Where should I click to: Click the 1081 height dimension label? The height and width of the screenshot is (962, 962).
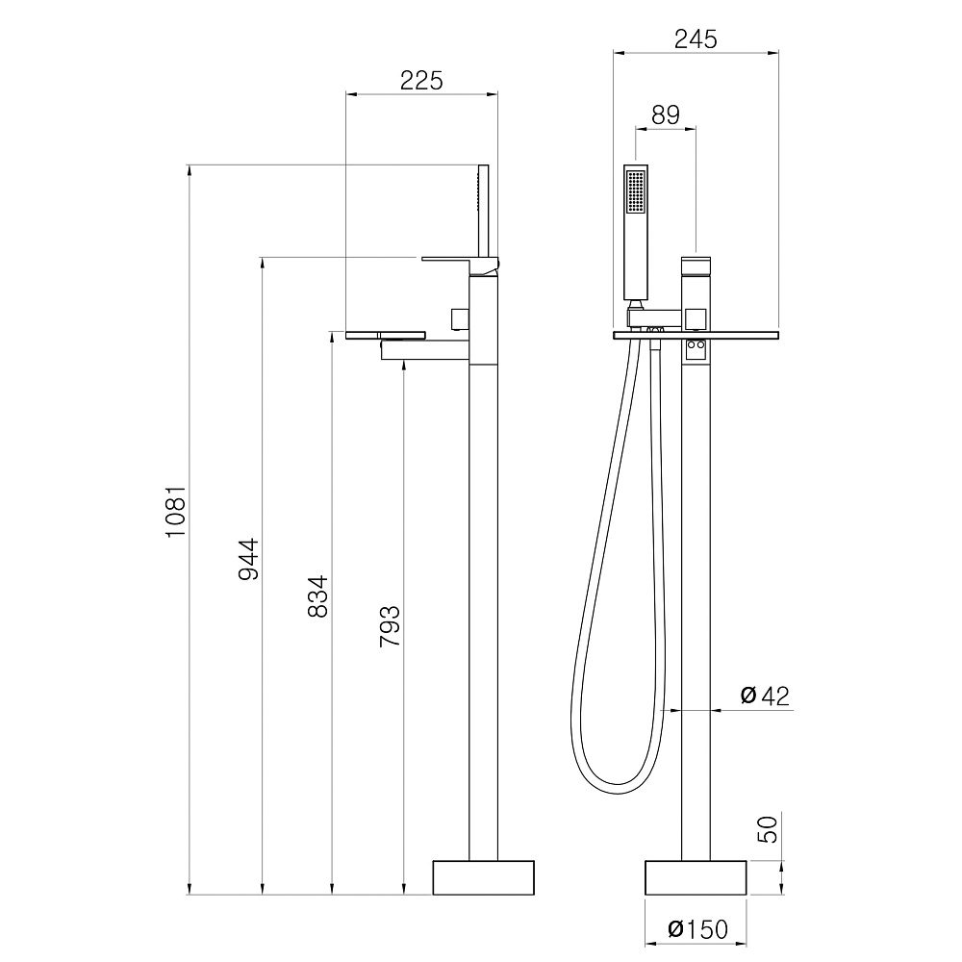click(x=175, y=513)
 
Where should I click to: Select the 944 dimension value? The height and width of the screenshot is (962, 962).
click(x=248, y=559)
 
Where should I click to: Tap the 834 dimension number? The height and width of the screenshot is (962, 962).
click(x=317, y=596)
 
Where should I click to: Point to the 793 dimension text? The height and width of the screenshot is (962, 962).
click(x=390, y=626)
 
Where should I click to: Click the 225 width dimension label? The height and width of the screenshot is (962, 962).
click(x=421, y=81)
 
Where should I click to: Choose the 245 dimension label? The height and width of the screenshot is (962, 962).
click(x=696, y=39)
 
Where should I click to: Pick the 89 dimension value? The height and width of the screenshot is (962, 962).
click(x=666, y=114)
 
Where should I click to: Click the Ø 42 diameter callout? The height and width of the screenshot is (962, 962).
click(x=765, y=696)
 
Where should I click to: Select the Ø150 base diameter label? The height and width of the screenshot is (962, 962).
click(x=697, y=929)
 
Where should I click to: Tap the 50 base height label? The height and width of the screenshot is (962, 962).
click(x=768, y=829)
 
